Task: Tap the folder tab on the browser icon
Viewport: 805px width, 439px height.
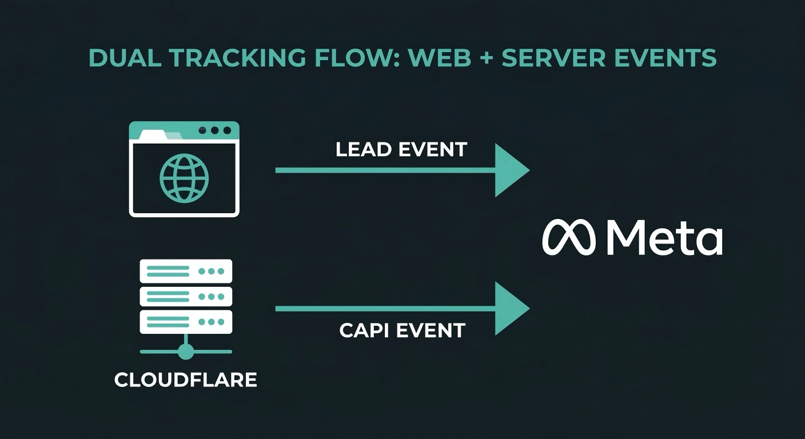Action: (x=154, y=135)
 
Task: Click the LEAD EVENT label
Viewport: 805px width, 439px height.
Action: (x=401, y=150)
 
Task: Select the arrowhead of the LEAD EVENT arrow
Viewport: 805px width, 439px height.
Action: (x=511, y=170)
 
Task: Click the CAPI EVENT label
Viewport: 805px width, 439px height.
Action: (x=402, y=330)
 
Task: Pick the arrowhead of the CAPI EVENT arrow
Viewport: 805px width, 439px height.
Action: (x=511, y=309)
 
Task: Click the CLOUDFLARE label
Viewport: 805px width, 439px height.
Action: (x=186, y=380)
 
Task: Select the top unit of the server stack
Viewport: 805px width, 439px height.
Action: (x=186, y=271)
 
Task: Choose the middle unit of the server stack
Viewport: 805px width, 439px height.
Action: (x=186, y=296)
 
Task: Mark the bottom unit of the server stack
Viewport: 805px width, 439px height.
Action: (x=186, y=322)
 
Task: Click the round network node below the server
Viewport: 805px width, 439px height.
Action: (x=186, y=352)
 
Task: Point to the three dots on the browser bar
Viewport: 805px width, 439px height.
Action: (x=214, y=131)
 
